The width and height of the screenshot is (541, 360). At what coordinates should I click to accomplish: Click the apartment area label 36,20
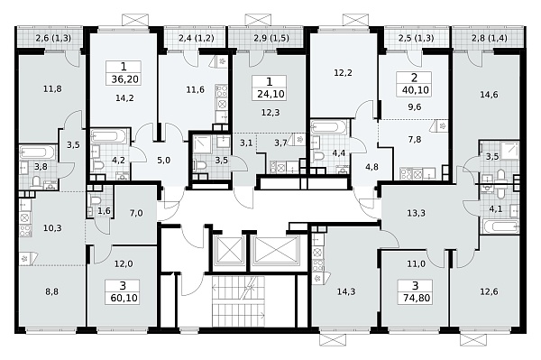click(125, 79)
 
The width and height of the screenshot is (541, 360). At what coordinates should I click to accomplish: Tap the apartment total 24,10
click(270, 94)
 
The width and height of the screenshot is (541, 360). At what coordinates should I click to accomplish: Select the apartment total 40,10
click(416, 90)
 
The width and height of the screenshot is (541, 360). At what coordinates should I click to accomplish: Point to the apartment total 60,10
click(124, 298)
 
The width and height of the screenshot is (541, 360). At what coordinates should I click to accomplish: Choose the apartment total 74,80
click(417, 298)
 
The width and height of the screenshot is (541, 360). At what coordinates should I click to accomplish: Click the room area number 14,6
click(489, 94)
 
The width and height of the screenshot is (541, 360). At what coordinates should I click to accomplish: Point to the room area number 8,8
click(51, 291)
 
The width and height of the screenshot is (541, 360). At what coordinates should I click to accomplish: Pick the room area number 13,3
click(416, 213)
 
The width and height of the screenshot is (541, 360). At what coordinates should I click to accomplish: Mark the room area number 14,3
click(346, 291)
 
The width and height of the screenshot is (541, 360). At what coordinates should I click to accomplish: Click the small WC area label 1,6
click(104, 211)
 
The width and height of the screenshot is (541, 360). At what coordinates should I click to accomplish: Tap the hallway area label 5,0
click(163, 161)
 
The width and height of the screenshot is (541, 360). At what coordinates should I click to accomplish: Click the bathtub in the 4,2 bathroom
click(110, 136)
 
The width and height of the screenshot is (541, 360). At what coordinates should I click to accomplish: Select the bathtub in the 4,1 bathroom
click(501, 226)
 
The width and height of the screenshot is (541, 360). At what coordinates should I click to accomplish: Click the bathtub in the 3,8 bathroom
click(38, 152)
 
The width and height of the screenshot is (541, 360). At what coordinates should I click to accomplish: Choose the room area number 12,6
click(489, 291)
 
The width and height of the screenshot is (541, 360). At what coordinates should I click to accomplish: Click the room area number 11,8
click(52, 88)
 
